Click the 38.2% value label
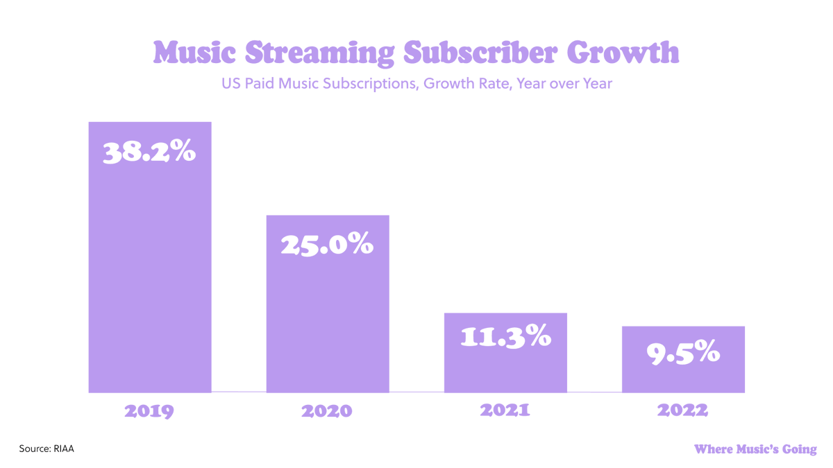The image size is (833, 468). pos(149,153)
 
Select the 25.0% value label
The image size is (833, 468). pos(327,245)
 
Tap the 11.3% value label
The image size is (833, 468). pos(505,337)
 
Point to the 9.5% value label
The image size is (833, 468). pos(683,353)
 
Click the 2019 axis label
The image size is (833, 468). pos(149,411)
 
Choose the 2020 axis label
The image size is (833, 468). pos(327,411)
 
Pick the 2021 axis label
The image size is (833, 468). pos(505,410)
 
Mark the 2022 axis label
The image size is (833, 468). pos(683,410)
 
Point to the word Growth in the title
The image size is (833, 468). pos(623,53)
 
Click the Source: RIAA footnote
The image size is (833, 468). pos(46,449)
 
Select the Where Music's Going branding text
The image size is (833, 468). pos(755,449)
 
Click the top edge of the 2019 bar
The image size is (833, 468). pos(149,123)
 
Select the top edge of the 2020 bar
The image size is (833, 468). pos(327,216)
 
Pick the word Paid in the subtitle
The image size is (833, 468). pos(259,84)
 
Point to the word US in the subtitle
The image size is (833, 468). pos(230,84)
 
